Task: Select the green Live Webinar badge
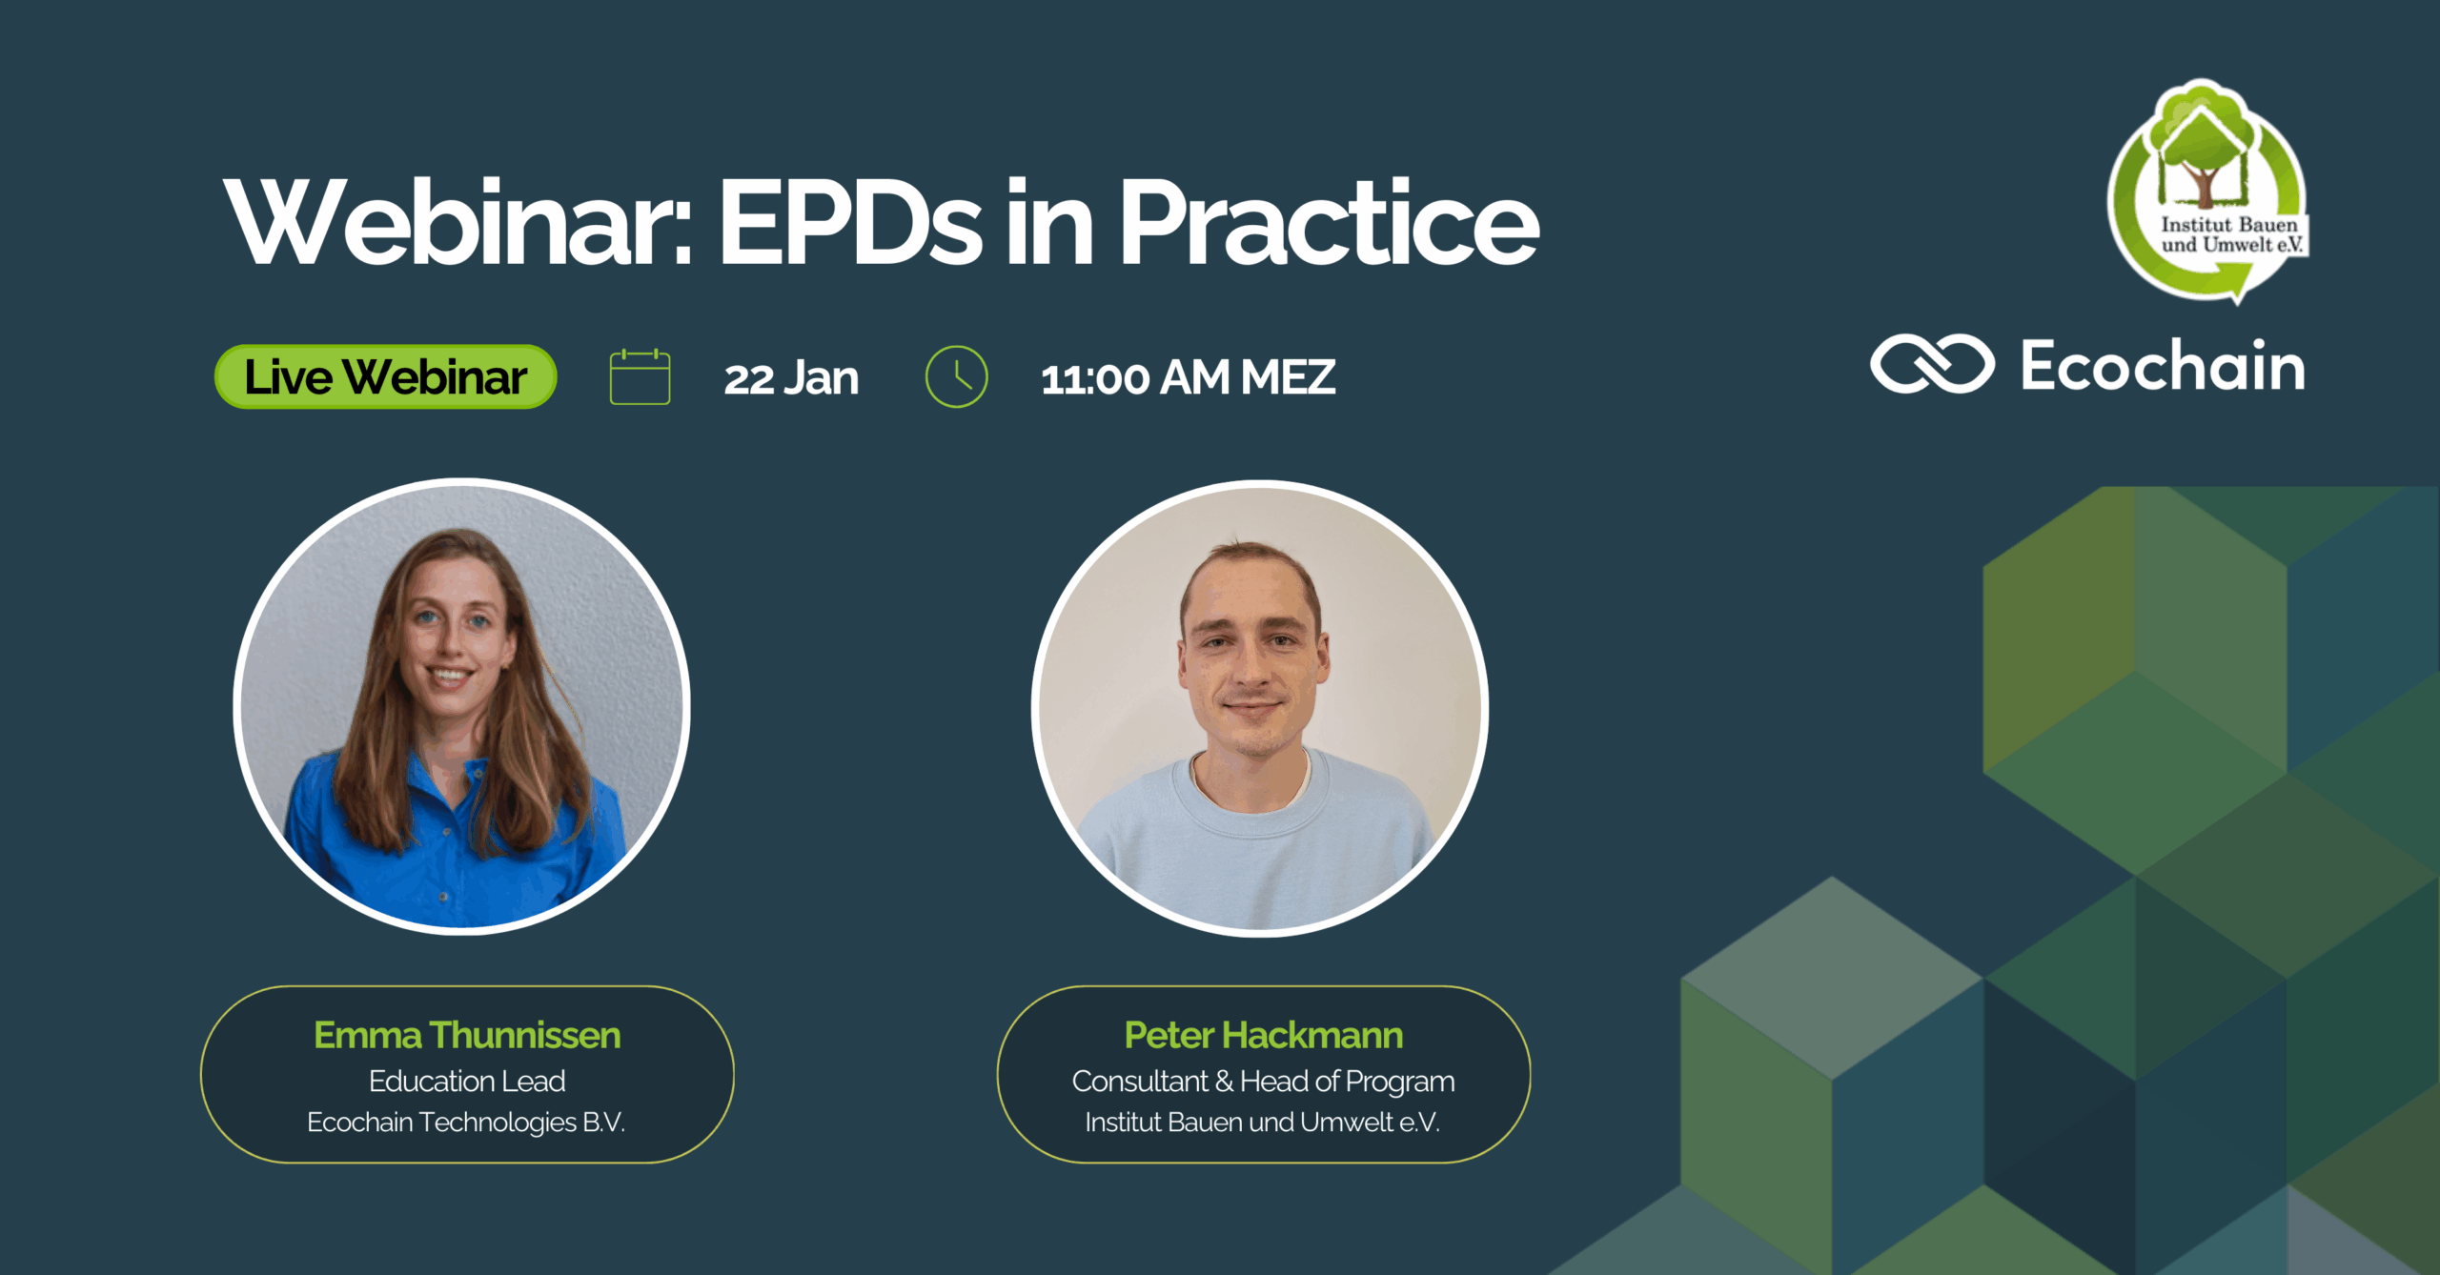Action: (386, 377)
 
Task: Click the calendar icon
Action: (640, 377)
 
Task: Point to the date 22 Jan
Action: (791, 378)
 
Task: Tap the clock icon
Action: (956, 377)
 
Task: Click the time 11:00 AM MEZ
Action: (1188, 378)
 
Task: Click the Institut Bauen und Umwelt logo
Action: (2208, 191)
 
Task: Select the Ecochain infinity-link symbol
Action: (1932, 364)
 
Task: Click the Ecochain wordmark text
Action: (2163, 365)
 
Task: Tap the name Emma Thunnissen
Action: (467, 1035)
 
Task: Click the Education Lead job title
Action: (467, 1081)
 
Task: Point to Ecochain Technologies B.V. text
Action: (466, 1123)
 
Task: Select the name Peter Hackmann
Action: (1263, 1035)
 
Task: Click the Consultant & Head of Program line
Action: (1263, 1081)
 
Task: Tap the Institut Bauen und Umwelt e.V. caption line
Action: (1263, 1123)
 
